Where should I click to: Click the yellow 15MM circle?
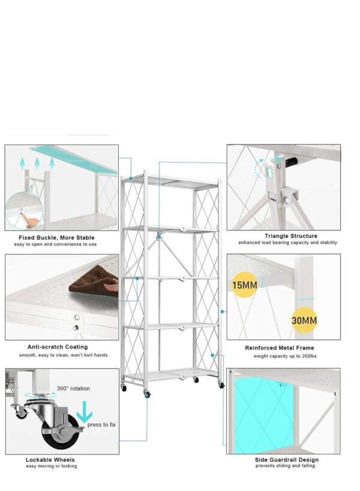[x=244, y=285]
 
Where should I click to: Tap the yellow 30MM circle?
[x=304, y=320]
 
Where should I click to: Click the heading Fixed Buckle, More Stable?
[x=56, y=237]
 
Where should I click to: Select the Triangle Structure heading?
[x=291, y=236]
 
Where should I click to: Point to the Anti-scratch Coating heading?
[x=58, y=347]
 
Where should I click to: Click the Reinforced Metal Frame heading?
[x=279, y=348]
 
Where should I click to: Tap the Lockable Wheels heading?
[x=50, y=459]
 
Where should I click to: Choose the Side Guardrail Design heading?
[x=286, y=459]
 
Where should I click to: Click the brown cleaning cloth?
[x=93, y=280]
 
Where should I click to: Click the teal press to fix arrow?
[x=85, y=411]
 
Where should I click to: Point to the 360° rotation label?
[x=73, y=388]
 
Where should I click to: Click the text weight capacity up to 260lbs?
[x=284, y=356]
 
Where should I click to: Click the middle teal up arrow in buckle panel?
[x=37, y=164]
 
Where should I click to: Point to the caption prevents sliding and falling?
[x=285, y=466]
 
